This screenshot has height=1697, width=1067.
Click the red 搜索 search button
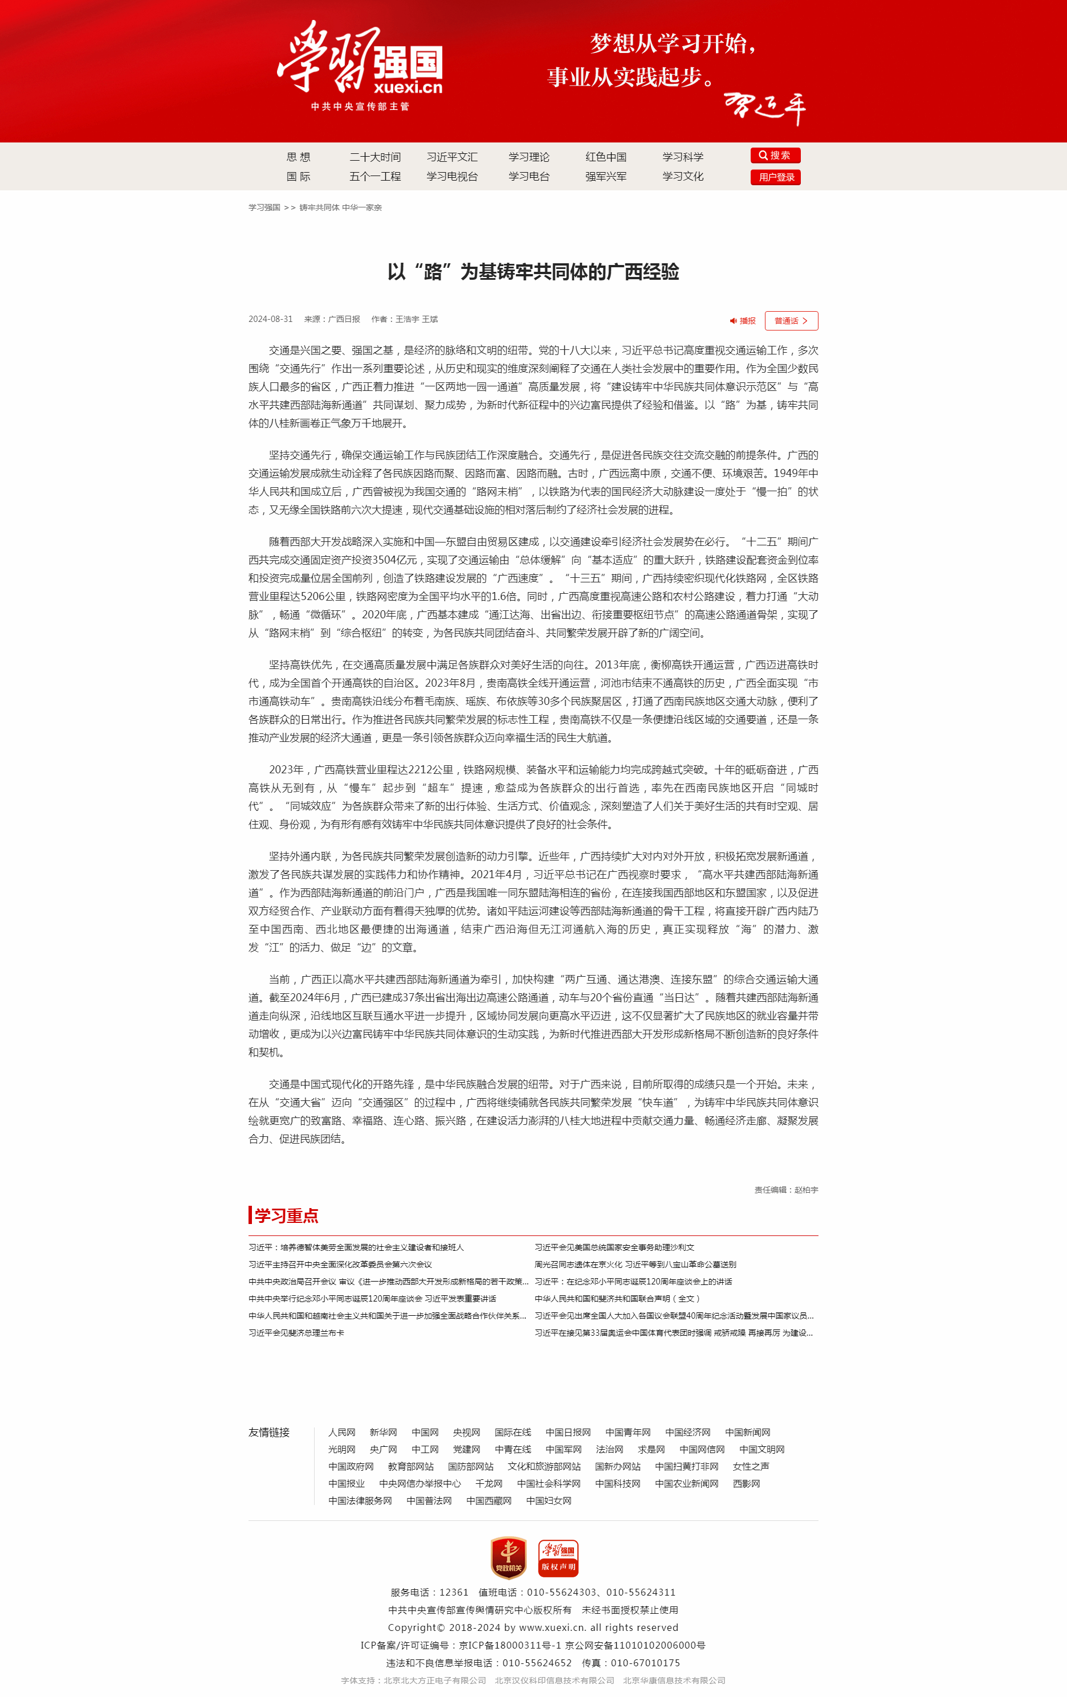pos(775,156)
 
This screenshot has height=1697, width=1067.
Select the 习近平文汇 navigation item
pos(452,157)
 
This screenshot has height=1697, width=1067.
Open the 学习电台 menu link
pos(528,177)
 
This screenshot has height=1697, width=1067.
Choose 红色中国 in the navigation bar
pos(605,157)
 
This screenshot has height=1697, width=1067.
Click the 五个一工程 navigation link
pos(375,177)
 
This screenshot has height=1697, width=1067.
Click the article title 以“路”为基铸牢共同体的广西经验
pos(533,272)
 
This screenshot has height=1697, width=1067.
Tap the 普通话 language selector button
pos(791,321)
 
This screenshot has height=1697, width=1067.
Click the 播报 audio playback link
pos(743,321)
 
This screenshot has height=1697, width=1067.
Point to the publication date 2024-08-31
pos(270,319)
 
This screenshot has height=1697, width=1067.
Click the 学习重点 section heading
pos(286,1215)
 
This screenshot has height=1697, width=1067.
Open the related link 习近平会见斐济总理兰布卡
pos(296,1333)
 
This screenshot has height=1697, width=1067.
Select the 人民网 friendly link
pos(342,1432)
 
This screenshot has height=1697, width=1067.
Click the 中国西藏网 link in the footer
pos(488,1500)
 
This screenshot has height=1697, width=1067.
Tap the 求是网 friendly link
pos(651,1449)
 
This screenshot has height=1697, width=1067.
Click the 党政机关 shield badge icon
pos(508,1557)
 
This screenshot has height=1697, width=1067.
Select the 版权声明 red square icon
pos(558,1557)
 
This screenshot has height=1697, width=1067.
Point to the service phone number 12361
pos(454,1592)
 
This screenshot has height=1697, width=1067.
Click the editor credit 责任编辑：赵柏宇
pos(786,1190)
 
